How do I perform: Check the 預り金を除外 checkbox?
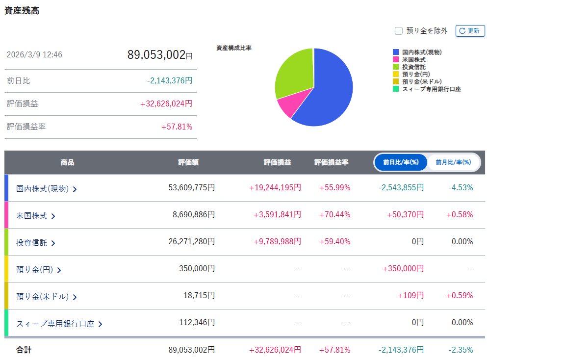399,31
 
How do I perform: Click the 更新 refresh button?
470,31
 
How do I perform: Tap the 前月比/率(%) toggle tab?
453,162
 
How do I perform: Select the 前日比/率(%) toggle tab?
401,162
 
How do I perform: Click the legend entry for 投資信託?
410,67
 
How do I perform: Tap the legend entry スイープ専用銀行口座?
427,89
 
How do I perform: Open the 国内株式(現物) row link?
47,189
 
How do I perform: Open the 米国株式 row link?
36,216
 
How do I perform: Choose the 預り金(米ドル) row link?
47,297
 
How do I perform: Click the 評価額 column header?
188,162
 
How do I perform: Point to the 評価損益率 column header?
331,162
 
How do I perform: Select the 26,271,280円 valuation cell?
191,241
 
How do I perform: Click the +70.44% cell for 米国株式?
334,215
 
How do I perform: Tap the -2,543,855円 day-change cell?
401,188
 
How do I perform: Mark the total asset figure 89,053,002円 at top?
159,55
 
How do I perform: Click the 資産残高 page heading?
22,11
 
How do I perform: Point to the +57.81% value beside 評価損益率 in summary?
177,127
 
